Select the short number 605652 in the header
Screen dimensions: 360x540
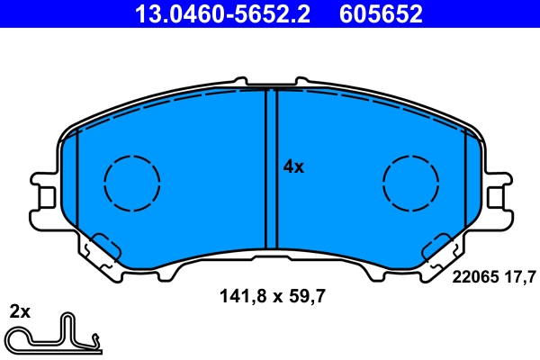[x=381, y=13]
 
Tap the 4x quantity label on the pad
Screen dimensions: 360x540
[x=293, y=166]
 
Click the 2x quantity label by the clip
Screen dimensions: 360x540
[x=20, y=312]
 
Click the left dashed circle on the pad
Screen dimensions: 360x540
[x=132, y=183]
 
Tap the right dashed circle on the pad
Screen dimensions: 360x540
[x=411, y=183]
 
